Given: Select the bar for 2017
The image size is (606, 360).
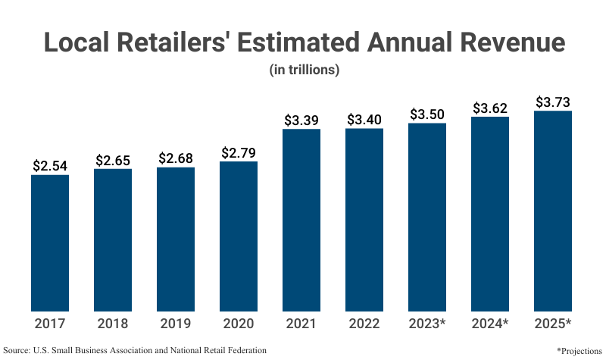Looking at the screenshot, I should pyautogui.click(x=50, y=243).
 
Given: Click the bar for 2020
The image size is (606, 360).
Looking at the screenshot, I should pyautogui.click(x=239, y=236).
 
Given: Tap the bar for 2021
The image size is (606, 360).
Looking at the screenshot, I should pyautogui.click(x=301, y=220).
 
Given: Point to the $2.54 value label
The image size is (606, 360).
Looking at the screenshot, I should pyautogui.click(x=50, y=165).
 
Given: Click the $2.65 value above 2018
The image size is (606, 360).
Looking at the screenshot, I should pyautogui.click(x=113, y=160).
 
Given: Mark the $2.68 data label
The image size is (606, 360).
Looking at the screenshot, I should pyautogui.click(x=176, y=158).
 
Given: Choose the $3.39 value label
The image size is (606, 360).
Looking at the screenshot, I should pyautogui.click(x=301, y=120).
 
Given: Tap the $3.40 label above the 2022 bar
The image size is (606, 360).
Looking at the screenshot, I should pyautogui.click(x=364, y=119).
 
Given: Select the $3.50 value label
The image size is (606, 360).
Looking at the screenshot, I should pyautogui.click(x=427, y=114).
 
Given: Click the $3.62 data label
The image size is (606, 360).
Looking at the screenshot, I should pyautogui.click(x=490, y=108).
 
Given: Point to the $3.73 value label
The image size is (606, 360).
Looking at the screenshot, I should pyautogui.click(x=553, y=102).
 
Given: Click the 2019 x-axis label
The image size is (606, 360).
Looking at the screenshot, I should pyautogui.click(x=176, y=324).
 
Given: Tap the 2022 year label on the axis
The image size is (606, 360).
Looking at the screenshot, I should pyautogui.click(x=364, y=324).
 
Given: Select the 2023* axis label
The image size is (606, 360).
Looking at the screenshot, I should pyautogui.click(x=427, y=324).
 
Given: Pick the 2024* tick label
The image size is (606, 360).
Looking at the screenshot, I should pyautogui.click(x=490, y=324).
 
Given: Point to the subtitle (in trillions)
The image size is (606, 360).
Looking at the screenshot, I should pyautogui.click(x=303, y=70).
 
